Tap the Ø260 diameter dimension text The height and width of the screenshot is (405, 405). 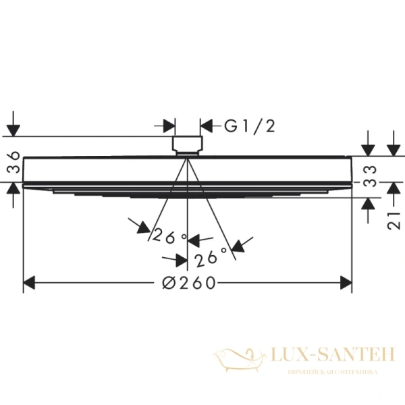click(190, 283)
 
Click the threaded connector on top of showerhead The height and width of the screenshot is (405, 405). click(188, 144)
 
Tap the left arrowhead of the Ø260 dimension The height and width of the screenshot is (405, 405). click(29, 283)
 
